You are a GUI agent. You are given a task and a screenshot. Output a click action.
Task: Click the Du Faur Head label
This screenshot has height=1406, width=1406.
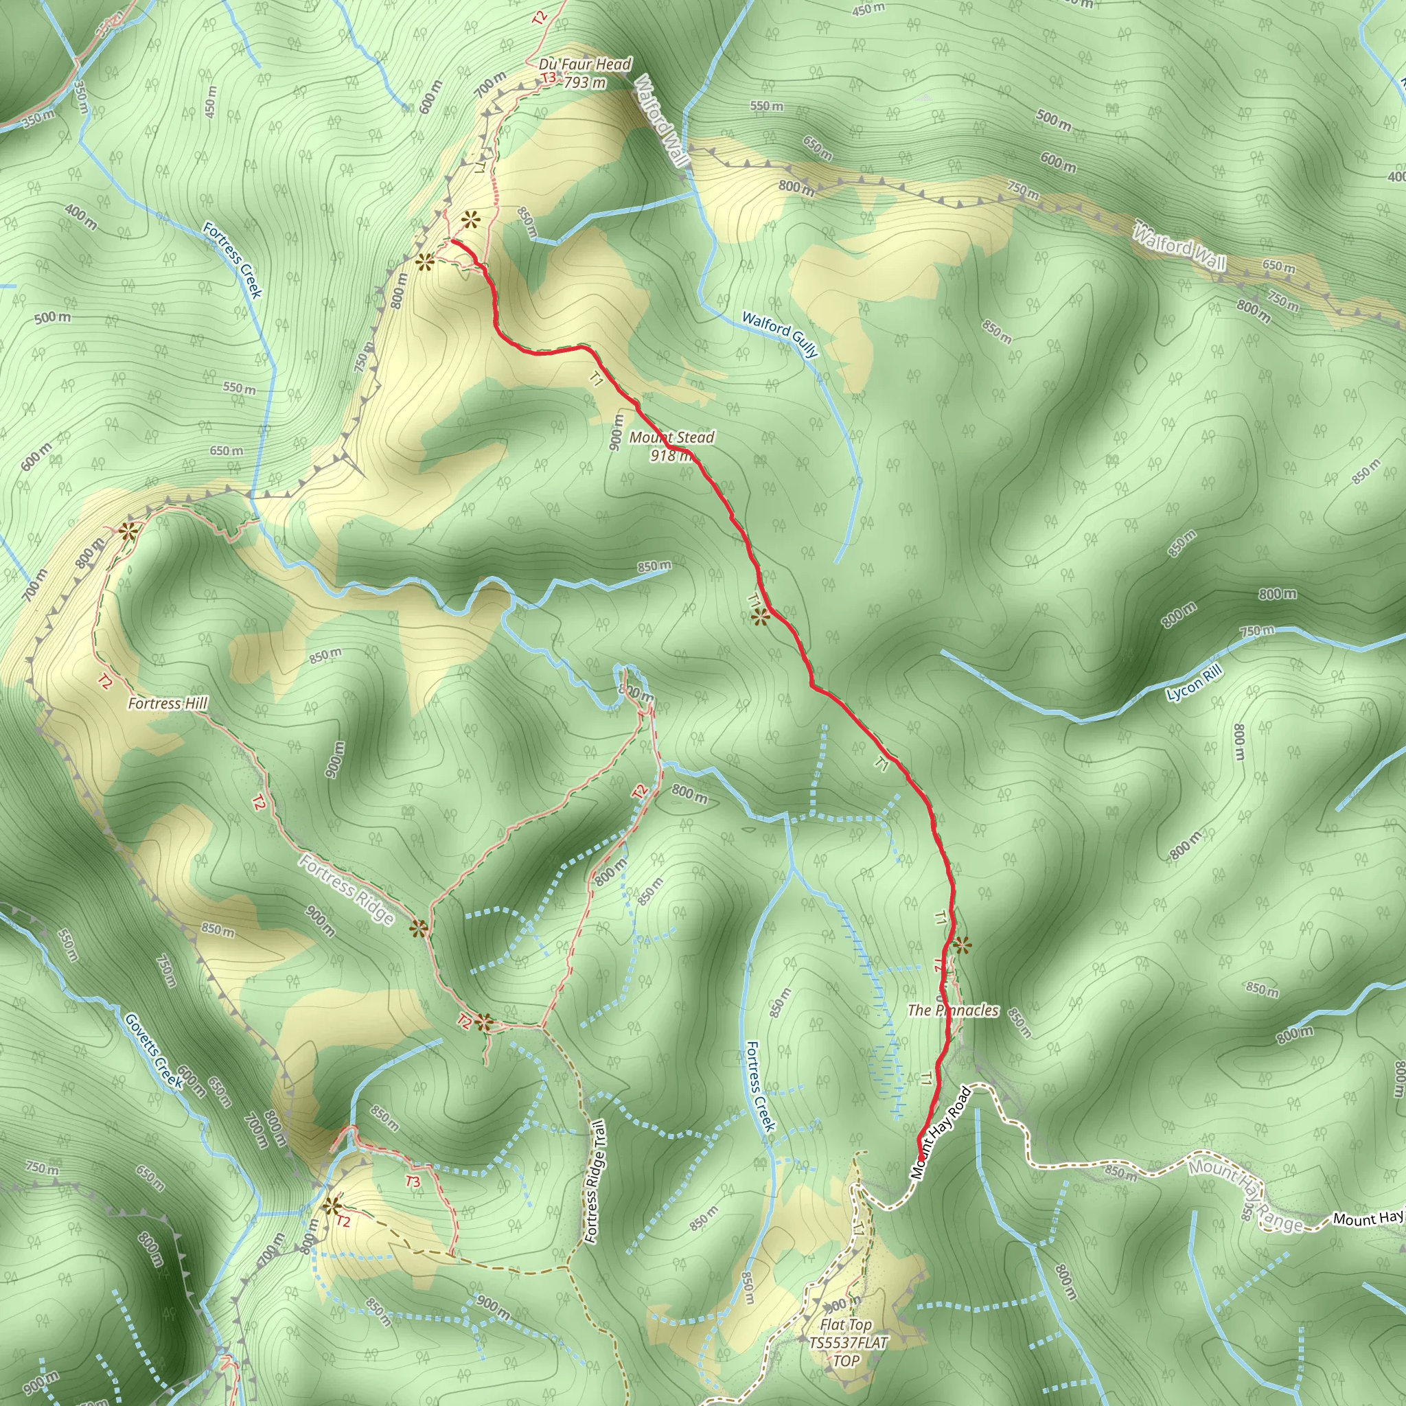[x=584, y=64]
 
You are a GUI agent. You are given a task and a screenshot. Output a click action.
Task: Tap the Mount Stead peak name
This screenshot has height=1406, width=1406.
[x=671, y=437]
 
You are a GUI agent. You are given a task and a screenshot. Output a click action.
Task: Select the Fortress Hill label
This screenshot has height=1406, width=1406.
[x=168, y=703]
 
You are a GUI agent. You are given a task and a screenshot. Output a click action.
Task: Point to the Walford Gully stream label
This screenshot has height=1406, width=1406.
[x=780, y=334]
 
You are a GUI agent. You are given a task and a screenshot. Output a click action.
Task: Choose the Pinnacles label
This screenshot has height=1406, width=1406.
[x=953, y=1010]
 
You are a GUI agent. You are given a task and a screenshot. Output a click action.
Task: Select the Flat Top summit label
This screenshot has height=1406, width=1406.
[x=846, y=1325]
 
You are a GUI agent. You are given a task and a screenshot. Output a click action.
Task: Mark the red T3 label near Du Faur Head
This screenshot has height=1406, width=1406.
[x=548, y=77]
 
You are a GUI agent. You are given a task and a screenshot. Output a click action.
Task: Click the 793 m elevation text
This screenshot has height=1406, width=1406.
[x=585, y=83]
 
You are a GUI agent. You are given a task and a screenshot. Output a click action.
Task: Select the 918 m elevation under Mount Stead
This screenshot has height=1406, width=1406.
[x=669, y=456]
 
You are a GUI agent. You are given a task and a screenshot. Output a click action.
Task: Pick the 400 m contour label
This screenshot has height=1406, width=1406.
[x=80, y=216]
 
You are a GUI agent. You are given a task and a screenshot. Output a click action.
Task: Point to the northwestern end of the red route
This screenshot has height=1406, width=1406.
[x=452, y=240]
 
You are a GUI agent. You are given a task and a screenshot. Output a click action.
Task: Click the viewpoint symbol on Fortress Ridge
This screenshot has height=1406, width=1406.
[x=419, y=929]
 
